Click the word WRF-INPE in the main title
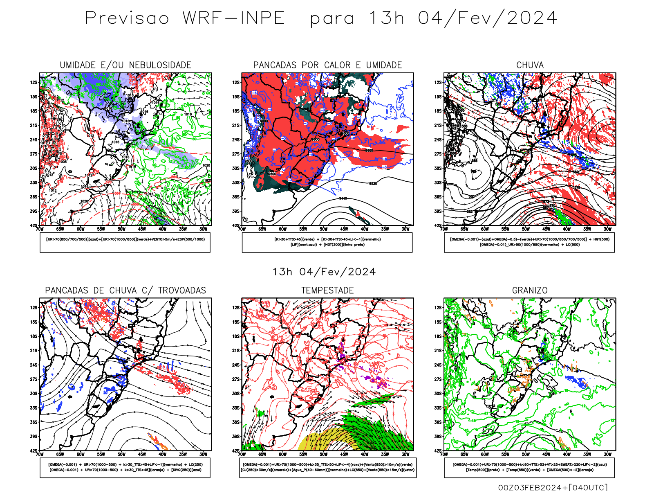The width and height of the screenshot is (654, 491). [233, 18]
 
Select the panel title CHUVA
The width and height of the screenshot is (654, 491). [530, 65]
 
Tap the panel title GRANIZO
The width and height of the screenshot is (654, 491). [530, 291]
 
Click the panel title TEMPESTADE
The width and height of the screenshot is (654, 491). [327, 291]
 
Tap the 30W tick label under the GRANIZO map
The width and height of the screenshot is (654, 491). [607, 454]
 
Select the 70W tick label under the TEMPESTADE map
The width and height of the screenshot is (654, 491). [242, 454]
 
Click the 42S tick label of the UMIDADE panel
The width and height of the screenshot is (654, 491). [34, 225]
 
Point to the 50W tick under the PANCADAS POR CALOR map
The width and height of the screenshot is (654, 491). [323, 229]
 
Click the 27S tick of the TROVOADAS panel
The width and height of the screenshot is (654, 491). [34, 379]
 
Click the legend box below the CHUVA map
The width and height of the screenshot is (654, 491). [529, 242]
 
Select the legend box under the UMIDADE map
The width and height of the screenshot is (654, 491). [125, 242]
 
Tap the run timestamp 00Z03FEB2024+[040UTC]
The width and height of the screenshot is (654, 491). [553, 487]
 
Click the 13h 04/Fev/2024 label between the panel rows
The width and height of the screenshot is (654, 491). [324, 272]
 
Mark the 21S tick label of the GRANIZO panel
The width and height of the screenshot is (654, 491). [438, 351]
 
